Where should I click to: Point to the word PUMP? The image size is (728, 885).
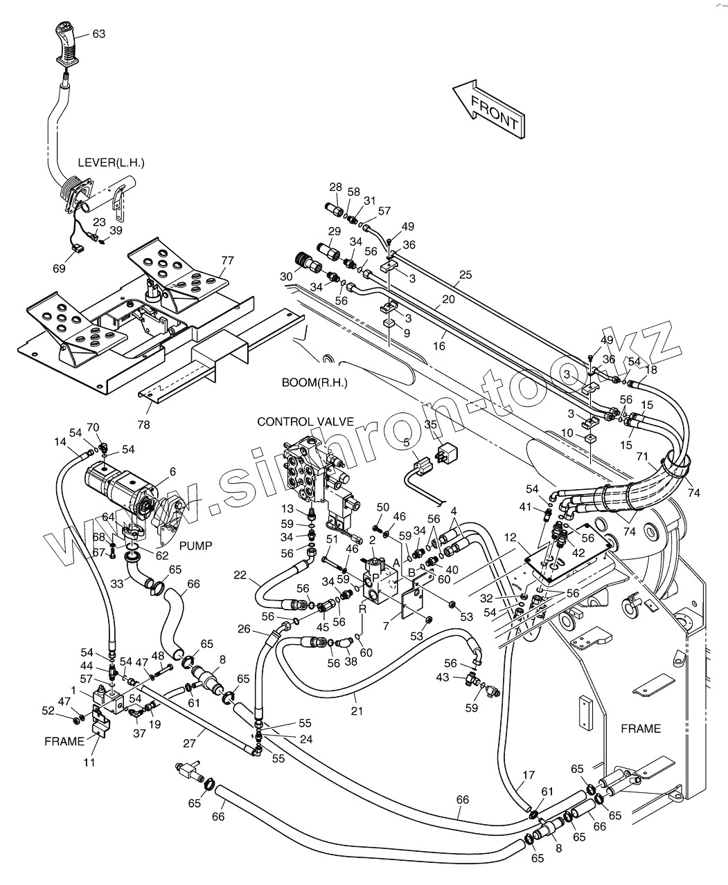point(196,546)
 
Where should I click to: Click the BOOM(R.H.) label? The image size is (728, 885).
point(314,383)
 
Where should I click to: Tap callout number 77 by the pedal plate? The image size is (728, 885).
point(227,260)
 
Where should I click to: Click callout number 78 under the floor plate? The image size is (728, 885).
point(144,424)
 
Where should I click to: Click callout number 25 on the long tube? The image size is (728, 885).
point(465,275)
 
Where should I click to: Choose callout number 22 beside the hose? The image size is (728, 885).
point(240,575)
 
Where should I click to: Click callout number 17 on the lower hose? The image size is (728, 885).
point(529,775)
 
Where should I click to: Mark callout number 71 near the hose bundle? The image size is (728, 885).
point(643,457)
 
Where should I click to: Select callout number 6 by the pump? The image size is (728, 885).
point(172,471)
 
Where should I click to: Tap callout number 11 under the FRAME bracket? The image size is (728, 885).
point(91,762)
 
